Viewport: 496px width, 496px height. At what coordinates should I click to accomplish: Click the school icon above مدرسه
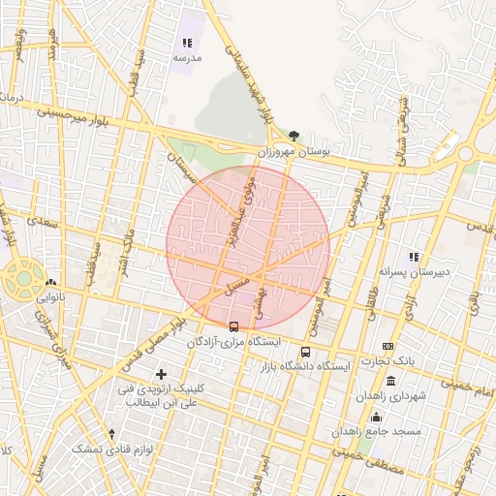point(187,43)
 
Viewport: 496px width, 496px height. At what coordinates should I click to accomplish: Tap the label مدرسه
point(187,58)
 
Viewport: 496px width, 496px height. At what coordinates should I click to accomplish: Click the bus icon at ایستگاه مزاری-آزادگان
point(233,326)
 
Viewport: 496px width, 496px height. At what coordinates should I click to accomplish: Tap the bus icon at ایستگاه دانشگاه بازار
point(306,353)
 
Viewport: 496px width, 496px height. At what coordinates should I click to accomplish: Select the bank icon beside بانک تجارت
point(387,346)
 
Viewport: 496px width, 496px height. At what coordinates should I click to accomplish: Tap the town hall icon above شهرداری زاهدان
point(389,381)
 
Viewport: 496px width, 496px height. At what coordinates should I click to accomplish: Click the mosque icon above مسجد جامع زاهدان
point(376,417)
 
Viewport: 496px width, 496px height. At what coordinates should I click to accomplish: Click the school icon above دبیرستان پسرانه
point(414,257)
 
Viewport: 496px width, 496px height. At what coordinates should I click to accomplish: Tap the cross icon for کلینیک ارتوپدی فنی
point(161,374)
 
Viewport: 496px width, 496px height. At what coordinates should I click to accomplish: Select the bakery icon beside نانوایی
point(50,284)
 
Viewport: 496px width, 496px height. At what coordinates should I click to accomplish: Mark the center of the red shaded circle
point(248,248)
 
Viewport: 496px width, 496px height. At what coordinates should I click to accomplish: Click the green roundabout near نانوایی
point(21,279)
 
